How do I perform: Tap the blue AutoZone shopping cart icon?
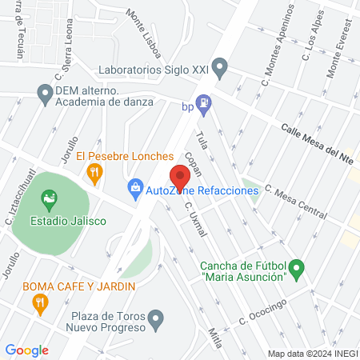tap(134, 190)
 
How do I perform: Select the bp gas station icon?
tap(205, 102)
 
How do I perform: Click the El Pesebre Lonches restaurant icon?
tap(95, 170)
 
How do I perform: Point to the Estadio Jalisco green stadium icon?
tap(50, 198)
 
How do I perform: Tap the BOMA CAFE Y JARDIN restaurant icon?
tap(39, 302)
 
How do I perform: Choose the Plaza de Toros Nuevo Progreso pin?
tap(157, 320)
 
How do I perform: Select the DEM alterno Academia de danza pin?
tap(45, 95)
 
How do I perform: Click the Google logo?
tap(26, 350)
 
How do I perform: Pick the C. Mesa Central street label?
tap(295, 203)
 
